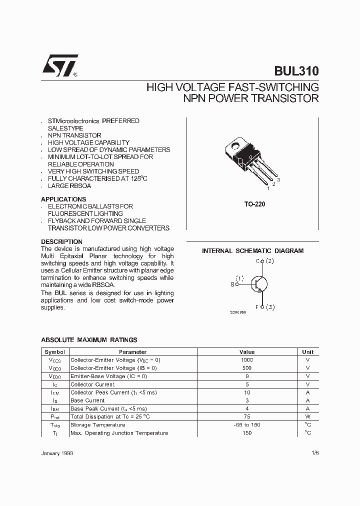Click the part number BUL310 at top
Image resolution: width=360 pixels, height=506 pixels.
[x=296, y=71]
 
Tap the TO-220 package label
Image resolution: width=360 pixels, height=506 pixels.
[x=254, y=204]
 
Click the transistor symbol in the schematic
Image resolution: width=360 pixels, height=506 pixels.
[x=258, y=284]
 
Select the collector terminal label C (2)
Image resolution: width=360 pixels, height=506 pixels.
[x=265, y=261]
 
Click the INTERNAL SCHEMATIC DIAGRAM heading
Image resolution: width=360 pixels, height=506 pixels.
[x=252, y=251]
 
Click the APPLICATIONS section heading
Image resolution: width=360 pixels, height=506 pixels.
[x=63, y=199]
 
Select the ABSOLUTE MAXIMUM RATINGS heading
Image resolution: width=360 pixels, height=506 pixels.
[x=89, y=340]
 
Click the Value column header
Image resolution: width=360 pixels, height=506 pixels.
[x=247, y=352]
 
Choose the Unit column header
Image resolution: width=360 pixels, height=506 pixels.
[x=307, y=352]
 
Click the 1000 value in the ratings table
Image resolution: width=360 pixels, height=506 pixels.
[x=247, y=360]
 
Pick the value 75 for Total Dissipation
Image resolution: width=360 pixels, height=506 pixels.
[x=247, y=416]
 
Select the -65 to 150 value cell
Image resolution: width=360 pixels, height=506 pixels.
[x=247, y=425]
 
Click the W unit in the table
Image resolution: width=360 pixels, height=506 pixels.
[x=307, y=416]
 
